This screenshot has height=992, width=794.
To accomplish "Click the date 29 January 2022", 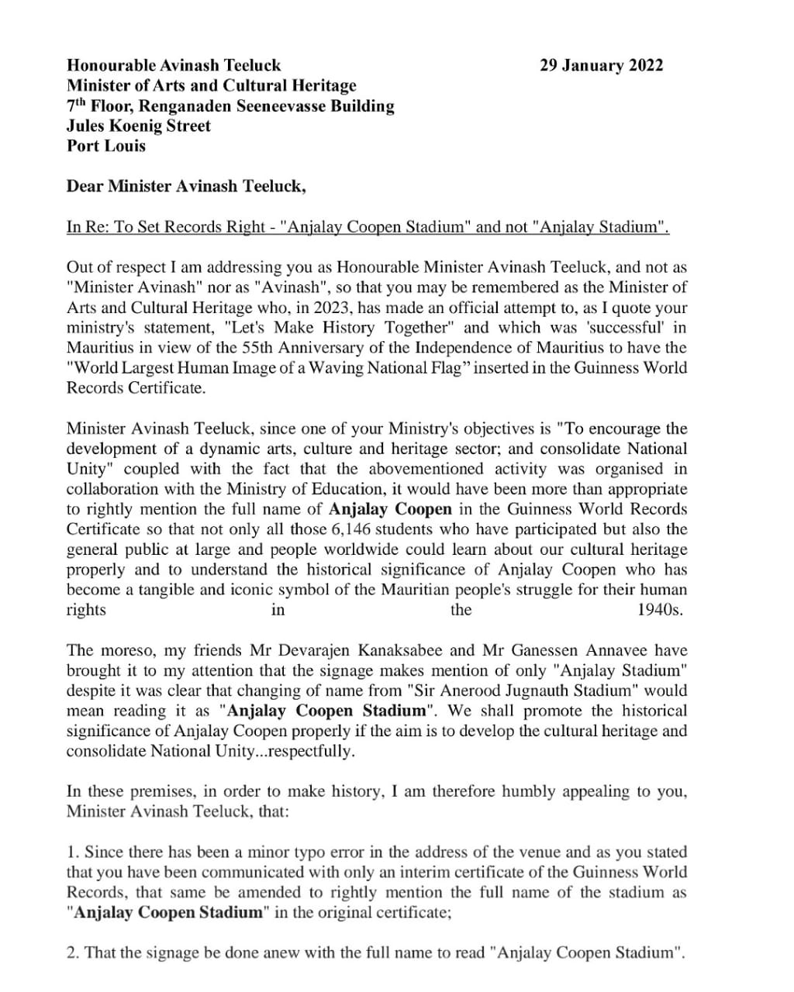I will coord(601,66).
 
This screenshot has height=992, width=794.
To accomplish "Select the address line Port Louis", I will coord(106,146).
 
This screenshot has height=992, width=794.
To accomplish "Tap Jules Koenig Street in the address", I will coord(139,126).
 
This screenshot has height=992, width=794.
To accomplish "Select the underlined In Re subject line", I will coord(368,227).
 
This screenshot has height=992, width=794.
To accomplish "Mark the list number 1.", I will coord(72,852).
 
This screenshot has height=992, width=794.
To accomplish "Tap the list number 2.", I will coord(72,952).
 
